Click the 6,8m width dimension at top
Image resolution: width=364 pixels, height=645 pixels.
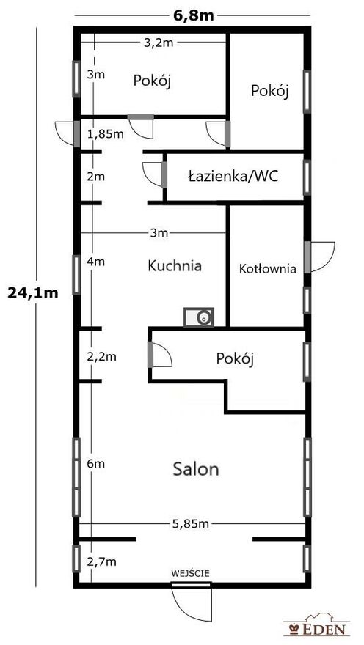[x=192, y=15]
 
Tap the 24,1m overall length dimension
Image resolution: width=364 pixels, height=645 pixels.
[x=32, y=293]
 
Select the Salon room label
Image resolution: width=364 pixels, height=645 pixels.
[x=196, y=469]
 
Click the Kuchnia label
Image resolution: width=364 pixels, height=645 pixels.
[x=175, y=266]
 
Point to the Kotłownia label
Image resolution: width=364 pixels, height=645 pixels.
[x=268, y=269]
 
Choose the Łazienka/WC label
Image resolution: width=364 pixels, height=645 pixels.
[x=233, y=177]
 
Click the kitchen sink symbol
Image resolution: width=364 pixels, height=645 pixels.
[x=198, y=317]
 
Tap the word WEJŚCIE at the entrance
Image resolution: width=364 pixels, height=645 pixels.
[x=191, y=573]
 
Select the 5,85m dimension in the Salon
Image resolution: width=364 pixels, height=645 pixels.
[x=190, y=523]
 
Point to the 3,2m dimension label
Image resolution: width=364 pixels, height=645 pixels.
[x=159, y=43]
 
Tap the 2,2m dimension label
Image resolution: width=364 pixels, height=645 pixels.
[x=102, y=357]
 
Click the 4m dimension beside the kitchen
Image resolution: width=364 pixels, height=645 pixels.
[x=96, y=262]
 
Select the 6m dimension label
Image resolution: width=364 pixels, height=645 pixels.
[x=96, y=464]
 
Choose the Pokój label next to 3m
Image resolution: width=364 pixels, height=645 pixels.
[x=152, y=81]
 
